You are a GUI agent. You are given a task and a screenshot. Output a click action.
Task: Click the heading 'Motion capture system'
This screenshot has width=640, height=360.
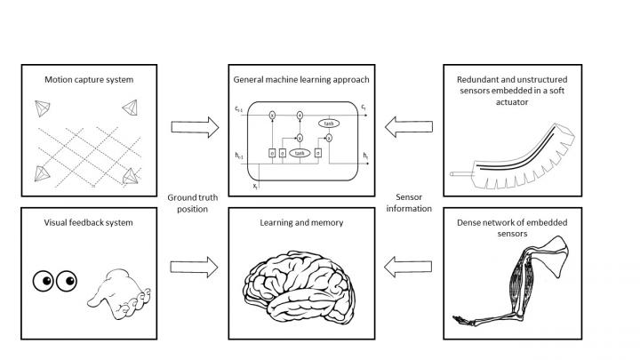coord(89,80)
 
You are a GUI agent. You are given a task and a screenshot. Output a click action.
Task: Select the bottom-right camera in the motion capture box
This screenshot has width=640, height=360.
coord(131,175)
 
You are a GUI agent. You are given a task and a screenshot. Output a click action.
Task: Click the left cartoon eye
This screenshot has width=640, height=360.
coord(44,282)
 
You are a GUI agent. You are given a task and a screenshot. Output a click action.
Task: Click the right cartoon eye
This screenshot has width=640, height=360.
coord(67,282)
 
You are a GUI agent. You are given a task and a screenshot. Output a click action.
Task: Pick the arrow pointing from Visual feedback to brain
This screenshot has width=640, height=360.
coord(193,266)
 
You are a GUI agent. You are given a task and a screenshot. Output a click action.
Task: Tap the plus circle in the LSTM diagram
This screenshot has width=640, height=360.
coord(300,138)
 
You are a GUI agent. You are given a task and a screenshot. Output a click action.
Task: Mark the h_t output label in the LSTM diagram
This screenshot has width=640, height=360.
coord(365,156)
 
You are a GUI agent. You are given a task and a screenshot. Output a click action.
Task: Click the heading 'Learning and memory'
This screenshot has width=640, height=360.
coord(301,222)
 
